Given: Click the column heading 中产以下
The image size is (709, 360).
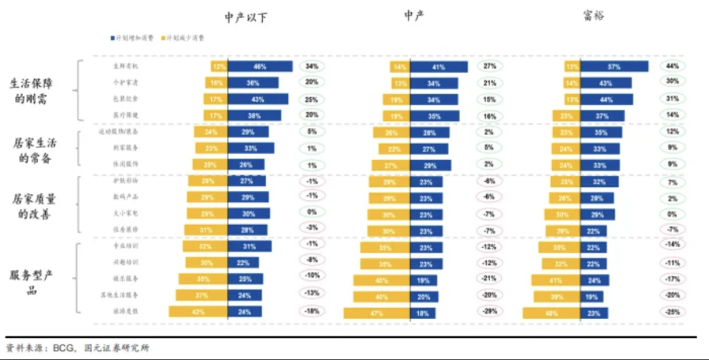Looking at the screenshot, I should (246, 17).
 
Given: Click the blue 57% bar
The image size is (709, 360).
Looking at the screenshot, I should (613, 66).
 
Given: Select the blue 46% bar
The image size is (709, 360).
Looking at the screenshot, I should (260, 66).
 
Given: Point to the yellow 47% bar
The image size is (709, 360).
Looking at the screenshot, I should (377, 313).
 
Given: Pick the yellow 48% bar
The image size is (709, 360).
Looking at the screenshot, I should (551, 313).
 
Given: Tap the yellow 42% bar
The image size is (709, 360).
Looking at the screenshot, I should (198, 312).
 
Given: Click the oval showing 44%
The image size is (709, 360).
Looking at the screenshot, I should (672, 66).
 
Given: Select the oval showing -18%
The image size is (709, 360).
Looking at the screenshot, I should (312, 312).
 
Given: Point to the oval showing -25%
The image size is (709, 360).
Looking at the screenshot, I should (672, 312).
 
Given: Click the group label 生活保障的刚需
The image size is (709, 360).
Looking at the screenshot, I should (32, 91).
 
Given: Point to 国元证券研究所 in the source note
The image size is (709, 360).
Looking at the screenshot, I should (117, 348).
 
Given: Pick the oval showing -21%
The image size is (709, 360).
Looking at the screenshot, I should (490, 278).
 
